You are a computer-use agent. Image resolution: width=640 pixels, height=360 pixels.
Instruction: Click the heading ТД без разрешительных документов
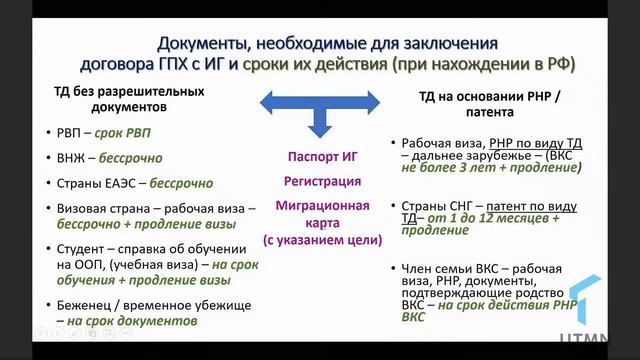click(x=128, y=98)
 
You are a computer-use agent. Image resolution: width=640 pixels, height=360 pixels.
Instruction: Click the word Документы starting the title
click(x=201, y=44)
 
